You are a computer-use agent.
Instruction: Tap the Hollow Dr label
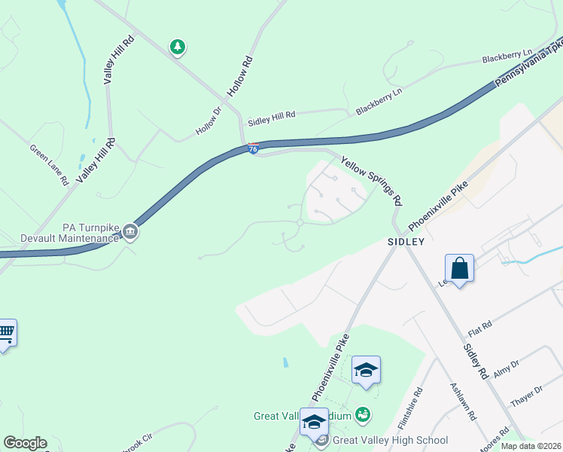pos(208,121)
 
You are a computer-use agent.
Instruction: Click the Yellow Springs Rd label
pos(371,181)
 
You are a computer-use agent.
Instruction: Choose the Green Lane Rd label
pos(49,165)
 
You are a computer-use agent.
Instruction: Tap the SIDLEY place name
pos(406,242)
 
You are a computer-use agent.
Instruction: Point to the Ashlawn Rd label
pos(463,401)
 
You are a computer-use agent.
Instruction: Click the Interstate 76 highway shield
pos(254,149)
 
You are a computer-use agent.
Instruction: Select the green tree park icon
pos(178,47)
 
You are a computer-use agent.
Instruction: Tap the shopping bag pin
pos(459,268)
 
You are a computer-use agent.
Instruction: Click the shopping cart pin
pos(6,332)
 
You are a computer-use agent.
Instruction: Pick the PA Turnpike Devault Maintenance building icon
pos(129,231)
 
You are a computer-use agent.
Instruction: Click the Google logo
pos(25,443)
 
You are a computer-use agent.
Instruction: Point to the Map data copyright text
pos(531,446)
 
